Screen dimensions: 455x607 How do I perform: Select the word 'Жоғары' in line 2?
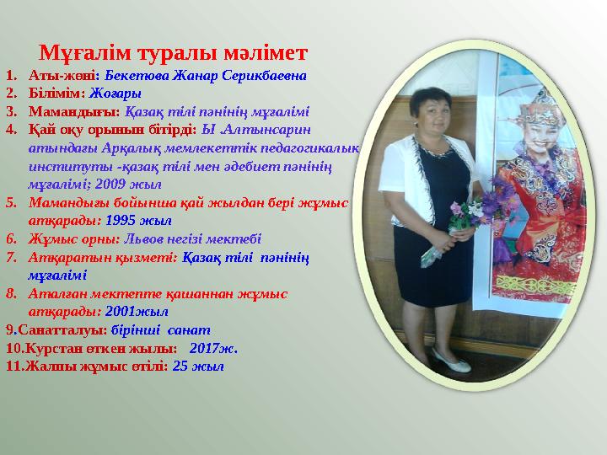[x=115, y=93]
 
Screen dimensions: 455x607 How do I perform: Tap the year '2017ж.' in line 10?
[x=214, y=347]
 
